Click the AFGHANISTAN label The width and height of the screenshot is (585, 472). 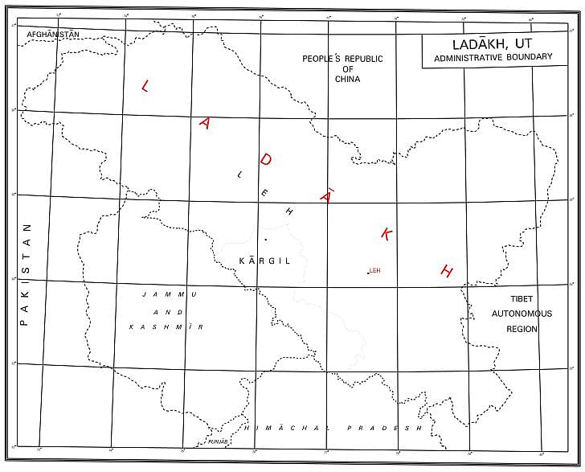pos(53,35)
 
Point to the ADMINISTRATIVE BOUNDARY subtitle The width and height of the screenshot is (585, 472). pos(493,57)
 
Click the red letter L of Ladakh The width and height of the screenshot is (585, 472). pos(145,87)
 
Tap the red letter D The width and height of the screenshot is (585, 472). pos(266,160)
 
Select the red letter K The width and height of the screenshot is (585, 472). pos(387,234)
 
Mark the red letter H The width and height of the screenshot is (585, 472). pos(448,271)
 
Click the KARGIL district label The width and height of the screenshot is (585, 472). pos(265,261)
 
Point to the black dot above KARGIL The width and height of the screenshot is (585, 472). pos(265,240)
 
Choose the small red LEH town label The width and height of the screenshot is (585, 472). pos(374,271)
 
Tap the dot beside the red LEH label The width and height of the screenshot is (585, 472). pos(367,273)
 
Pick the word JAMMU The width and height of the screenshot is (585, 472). pos(166,294)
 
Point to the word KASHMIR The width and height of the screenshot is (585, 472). pos(166,327)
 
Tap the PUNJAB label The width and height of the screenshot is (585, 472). pos(218,442)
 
